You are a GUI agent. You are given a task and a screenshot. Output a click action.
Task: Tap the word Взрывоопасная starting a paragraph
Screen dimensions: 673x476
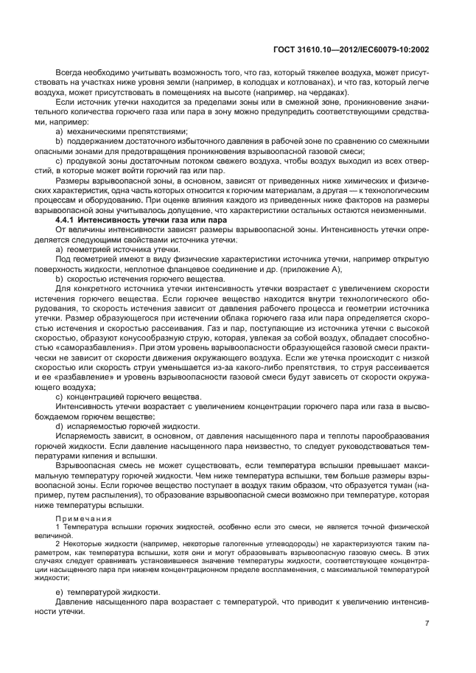[x=85, y=467]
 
